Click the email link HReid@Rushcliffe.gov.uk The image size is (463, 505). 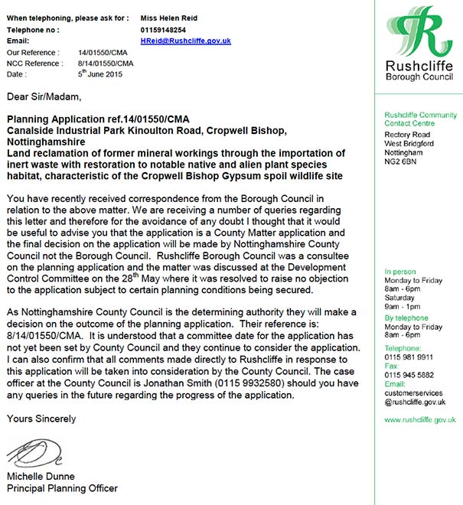pos(186,41)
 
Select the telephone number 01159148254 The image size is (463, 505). pos(164,29)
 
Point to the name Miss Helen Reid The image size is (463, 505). pos(168,17)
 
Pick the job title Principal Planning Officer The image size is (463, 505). pos(62,488)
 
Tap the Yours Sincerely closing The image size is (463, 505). pos(41,419)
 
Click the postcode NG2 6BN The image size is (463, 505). pos(401,163)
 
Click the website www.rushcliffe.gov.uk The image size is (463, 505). pos(420,419)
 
